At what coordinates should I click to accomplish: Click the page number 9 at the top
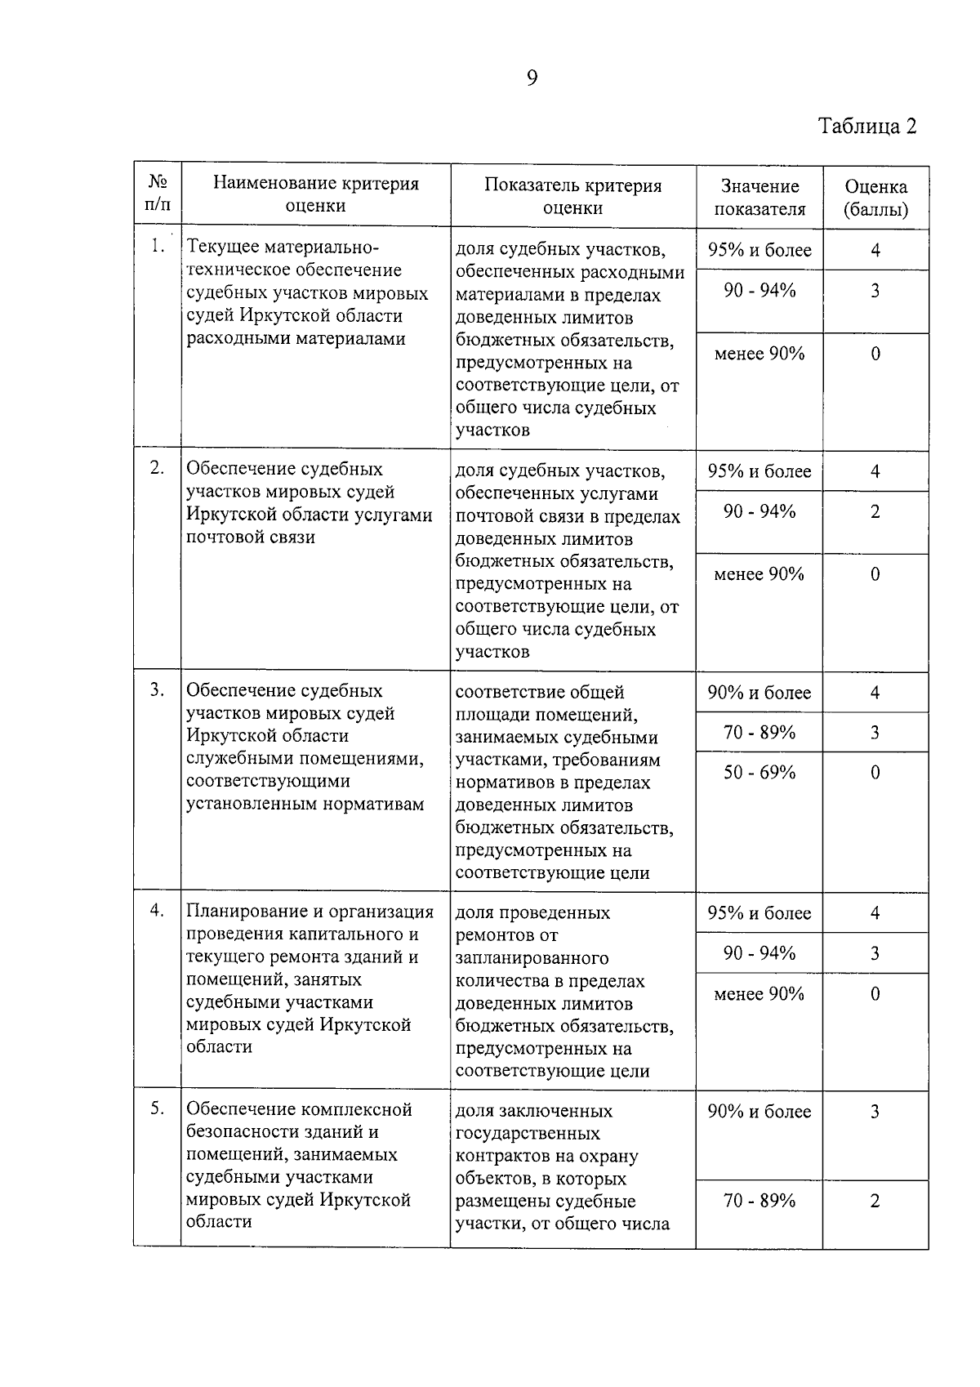click(532, 78)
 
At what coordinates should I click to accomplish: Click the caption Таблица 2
click(867, 127)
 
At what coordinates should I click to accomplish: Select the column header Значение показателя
click(759, 198)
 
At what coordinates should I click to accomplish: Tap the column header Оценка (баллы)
click(875, 198)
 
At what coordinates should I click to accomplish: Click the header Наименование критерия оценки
click(315, 194)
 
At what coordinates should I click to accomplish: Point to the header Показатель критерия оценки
click(572, 196)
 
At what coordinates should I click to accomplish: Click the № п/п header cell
click(158, 193)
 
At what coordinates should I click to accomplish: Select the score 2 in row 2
click(875, 512)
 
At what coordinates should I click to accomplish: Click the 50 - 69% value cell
click(759, 773)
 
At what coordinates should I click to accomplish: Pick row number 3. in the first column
click(158, 690)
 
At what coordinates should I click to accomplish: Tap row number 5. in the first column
click(158, 1109)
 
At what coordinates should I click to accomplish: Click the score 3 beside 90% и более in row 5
click(875, 1112)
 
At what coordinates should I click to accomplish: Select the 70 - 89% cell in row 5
click(759, 1201)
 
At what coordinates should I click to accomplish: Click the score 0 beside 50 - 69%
click(875, 773)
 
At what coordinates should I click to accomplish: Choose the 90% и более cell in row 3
click(759, 693)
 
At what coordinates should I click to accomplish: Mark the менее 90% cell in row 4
click(759, 994)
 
